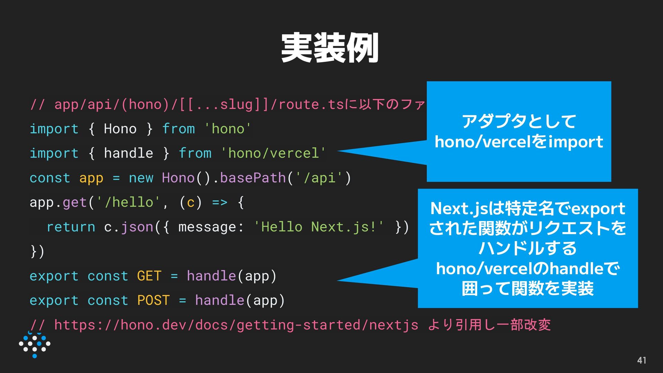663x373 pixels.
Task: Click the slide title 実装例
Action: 330,48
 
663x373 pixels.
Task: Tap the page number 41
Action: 642,360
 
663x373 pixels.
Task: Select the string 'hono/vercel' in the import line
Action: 273,153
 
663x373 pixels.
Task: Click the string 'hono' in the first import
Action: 228,129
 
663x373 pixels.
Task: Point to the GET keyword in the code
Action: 149,276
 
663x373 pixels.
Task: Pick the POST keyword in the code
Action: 153,300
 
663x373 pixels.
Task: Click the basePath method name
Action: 253,178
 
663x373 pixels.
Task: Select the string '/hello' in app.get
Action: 128,202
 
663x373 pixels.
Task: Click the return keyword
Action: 71,227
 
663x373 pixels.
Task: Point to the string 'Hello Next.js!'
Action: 319,227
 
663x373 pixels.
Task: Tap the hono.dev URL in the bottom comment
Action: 236,325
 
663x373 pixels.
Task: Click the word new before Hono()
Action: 141,178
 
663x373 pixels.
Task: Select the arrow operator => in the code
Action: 220,202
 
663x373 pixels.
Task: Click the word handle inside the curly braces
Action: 128,153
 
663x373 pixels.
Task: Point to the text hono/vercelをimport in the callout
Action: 519,142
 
